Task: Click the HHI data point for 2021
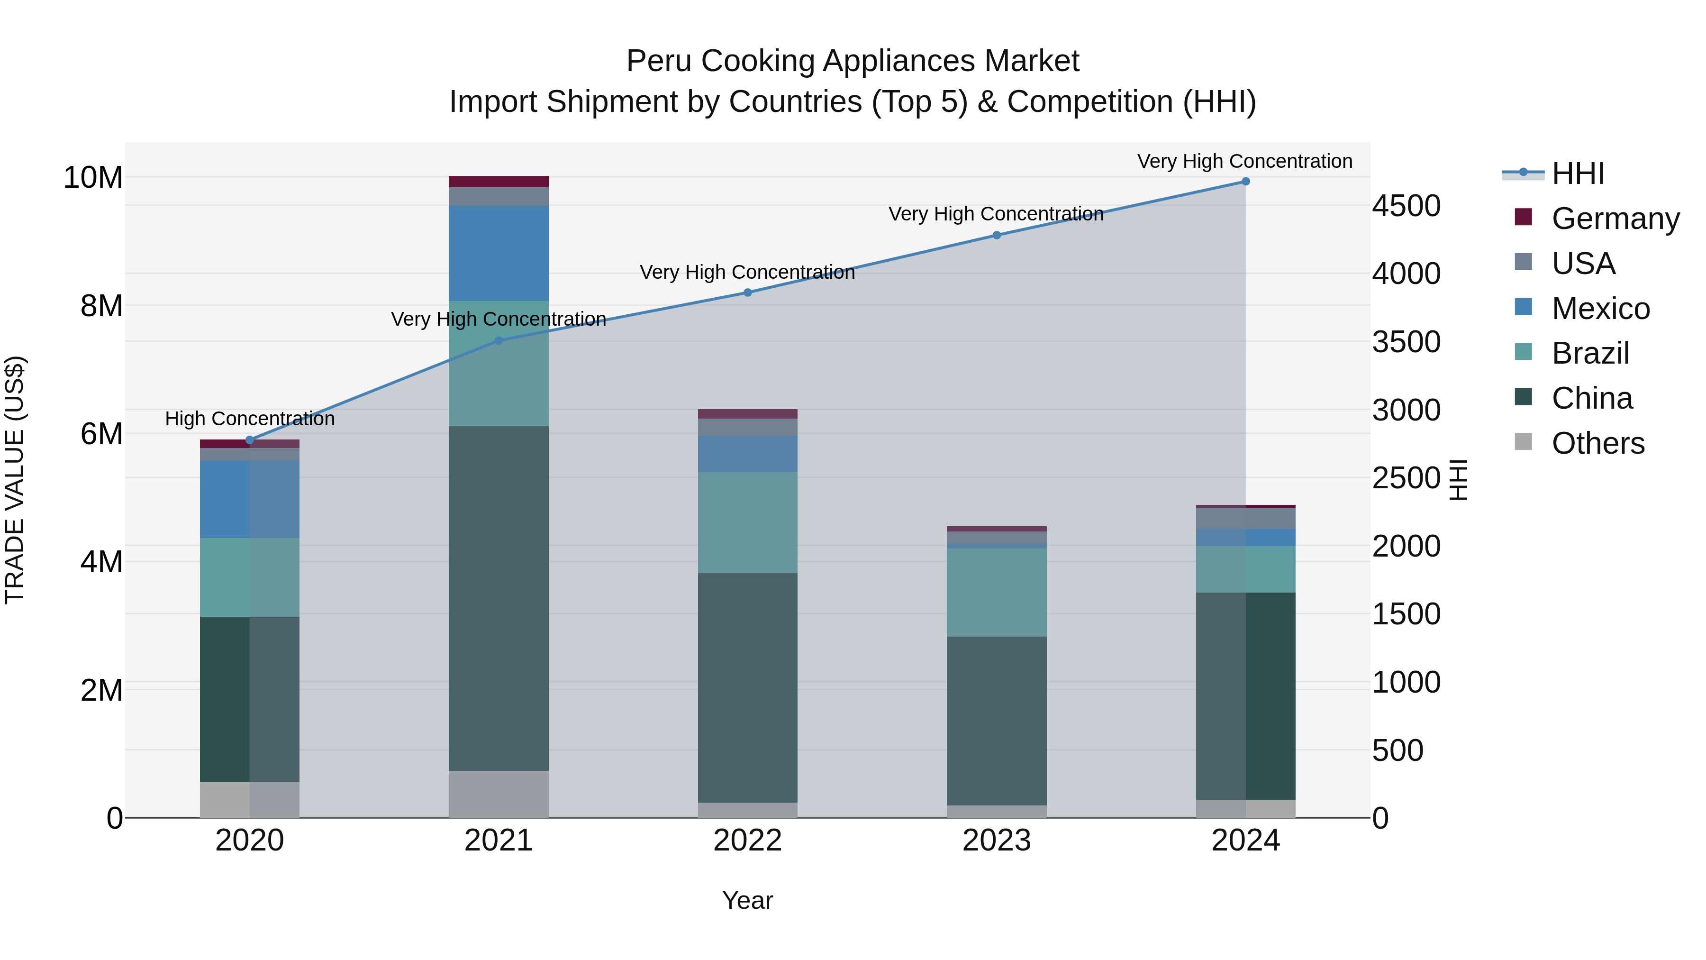(499, 340)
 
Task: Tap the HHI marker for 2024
(1245, 182)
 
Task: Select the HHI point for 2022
(748, 292)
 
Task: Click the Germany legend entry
(1615, 219)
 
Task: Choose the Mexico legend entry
(1600, 309)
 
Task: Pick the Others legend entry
(1597, 443)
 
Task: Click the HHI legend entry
(1578, 174)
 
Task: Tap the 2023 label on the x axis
(996, 841)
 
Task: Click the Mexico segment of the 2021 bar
(499, 253)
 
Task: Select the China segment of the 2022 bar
(748, 688)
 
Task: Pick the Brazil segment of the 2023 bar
(996, 592)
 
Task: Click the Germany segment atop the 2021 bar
(499, 182)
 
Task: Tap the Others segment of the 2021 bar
(499, 794)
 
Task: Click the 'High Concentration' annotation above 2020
(250, 419)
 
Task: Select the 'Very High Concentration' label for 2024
(1244, 161)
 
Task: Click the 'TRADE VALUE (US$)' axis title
(15, 480)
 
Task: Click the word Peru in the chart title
(659, 61)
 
